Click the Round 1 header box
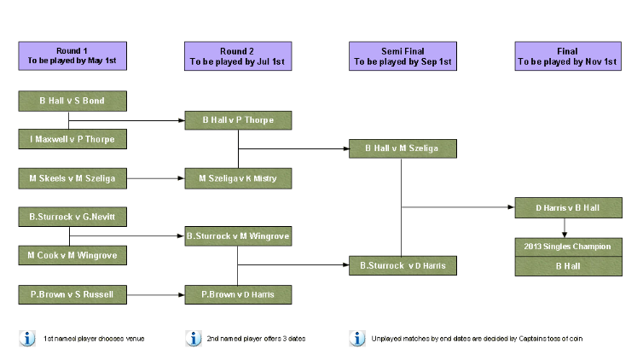[x=72, y=56]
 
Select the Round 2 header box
[x=237, y=56]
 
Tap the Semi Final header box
[x=403, y=56]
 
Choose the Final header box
[x=568, y=56]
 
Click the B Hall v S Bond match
[x=72, y=101]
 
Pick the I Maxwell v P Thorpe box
[x=72, y=138]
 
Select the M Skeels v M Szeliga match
[x=72, y=178]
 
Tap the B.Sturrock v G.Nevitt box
[x=72, y=217]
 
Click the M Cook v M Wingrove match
[x=72, y=254]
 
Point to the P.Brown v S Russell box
[x=72, y=295]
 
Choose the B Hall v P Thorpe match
[x=238, y=120]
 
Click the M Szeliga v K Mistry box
[x=238, y=178]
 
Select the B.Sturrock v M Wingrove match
[x=238, y=235]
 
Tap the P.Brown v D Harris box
[x=238, y=295]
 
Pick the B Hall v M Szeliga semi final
[x=403, y=148]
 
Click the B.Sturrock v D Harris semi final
[x=403, y=264]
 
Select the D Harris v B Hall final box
[x=568, y=207]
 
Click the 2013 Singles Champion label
[x=568, y=247]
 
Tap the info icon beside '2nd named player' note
[x=194, y=339]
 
